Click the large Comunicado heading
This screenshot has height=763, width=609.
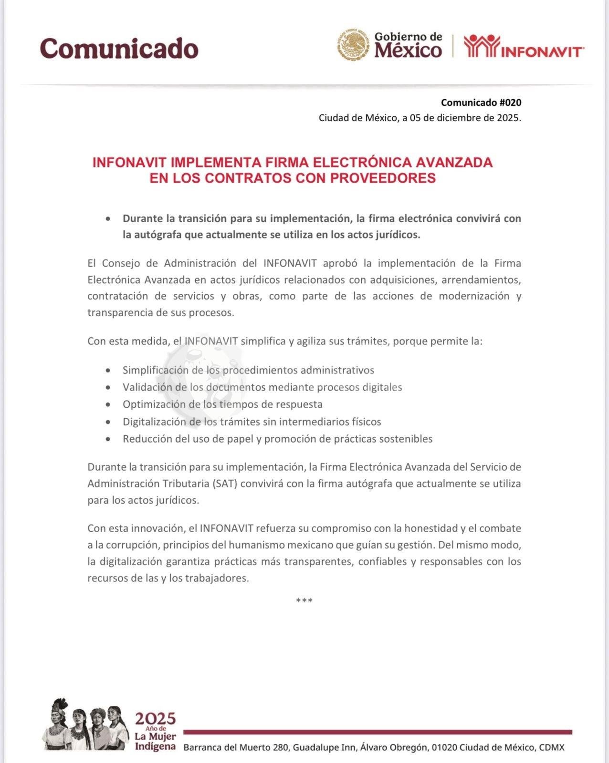(119, 48)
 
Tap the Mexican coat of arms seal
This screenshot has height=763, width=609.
(354, 45)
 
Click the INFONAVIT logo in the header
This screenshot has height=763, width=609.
(524, 47)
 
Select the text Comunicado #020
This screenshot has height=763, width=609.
(481, 103)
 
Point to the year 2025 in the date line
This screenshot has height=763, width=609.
(507, 118)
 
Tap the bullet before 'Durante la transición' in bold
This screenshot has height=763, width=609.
(109, 219)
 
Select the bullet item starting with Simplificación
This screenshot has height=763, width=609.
(248, 370)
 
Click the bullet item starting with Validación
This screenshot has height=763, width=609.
(262, 387)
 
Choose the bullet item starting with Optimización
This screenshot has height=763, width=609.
(222, 404)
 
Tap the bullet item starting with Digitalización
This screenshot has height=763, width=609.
(252, 422)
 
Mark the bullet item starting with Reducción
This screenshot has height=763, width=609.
(277, 439)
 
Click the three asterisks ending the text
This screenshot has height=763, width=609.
(304, 600)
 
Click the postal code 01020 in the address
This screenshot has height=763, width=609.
(444, 747)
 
